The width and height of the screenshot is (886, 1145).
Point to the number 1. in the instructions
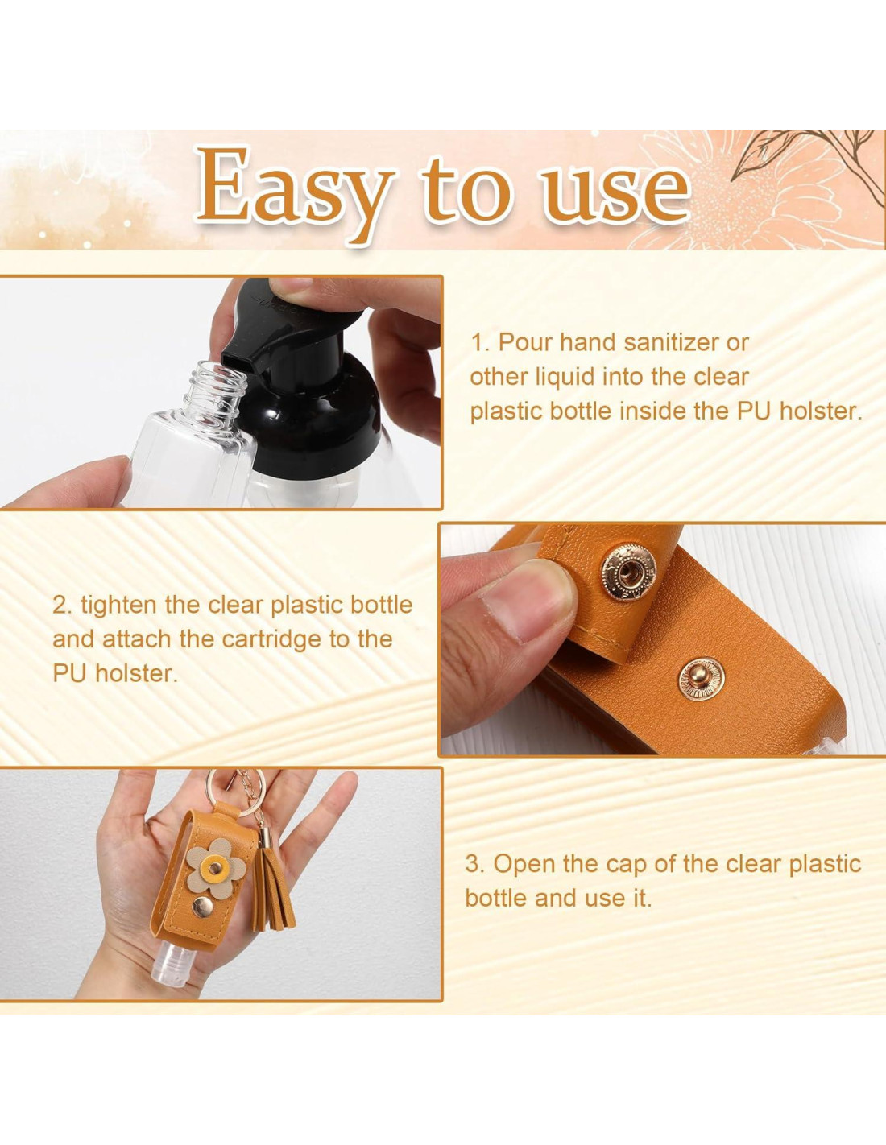point(480,343)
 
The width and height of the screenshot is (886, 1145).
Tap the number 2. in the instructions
point(62,606)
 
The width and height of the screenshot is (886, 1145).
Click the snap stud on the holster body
point(701,679)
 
